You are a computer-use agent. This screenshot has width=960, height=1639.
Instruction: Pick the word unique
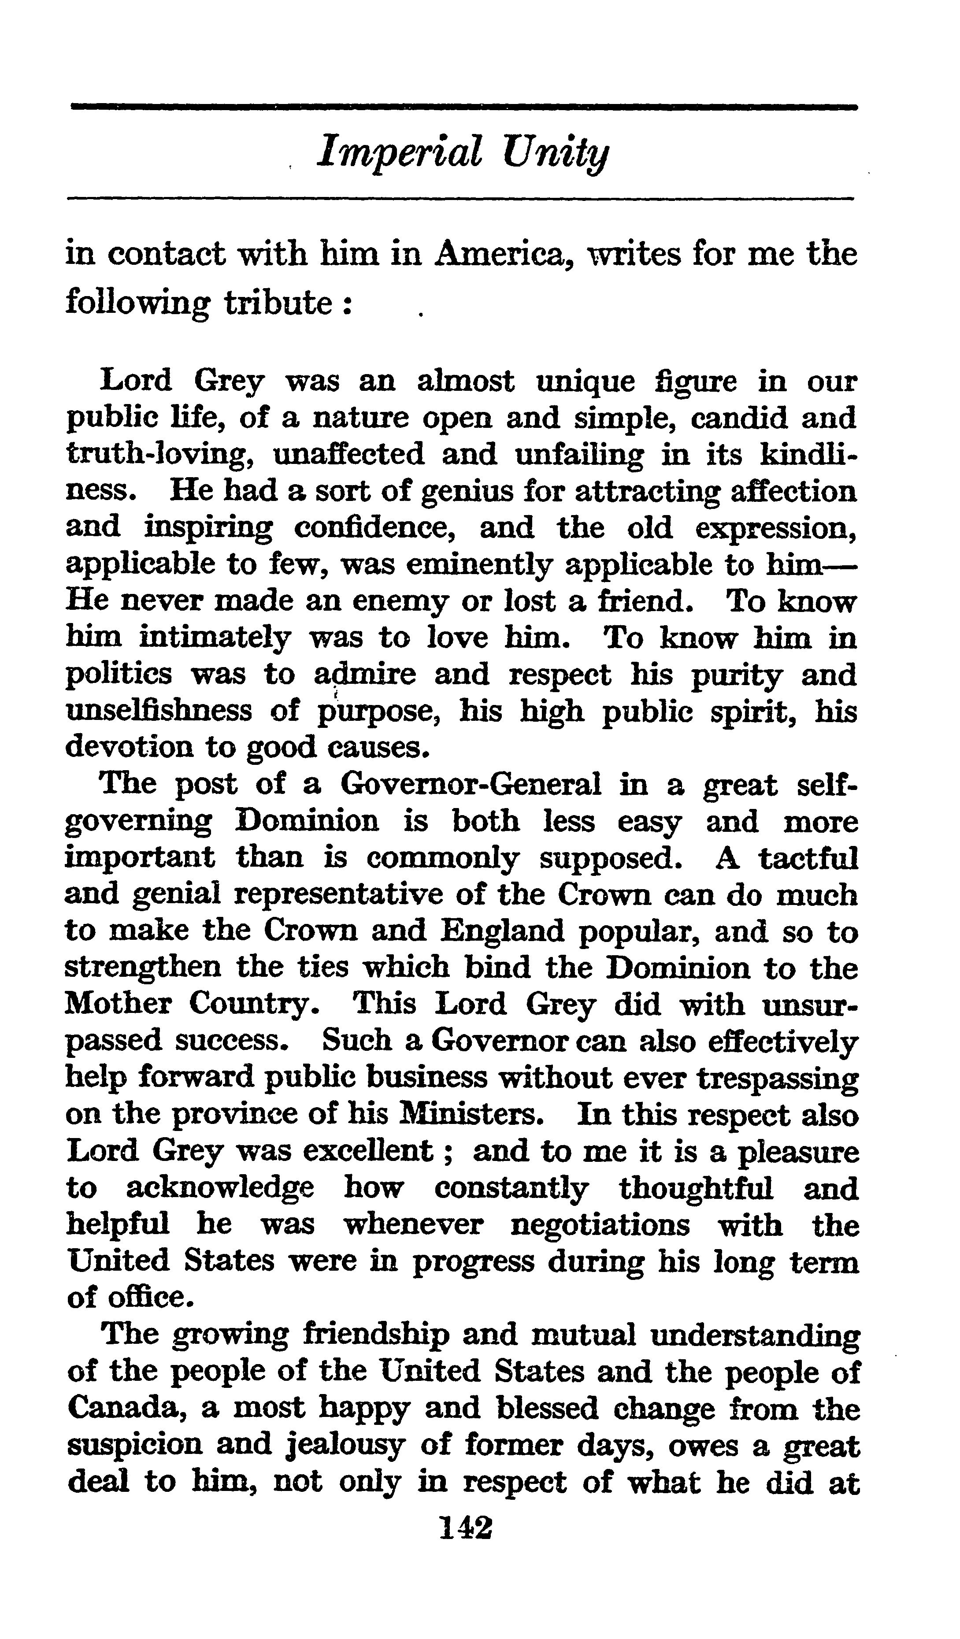(585, 382)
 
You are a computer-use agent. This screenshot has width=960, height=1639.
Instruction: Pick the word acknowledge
(219, 1189)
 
